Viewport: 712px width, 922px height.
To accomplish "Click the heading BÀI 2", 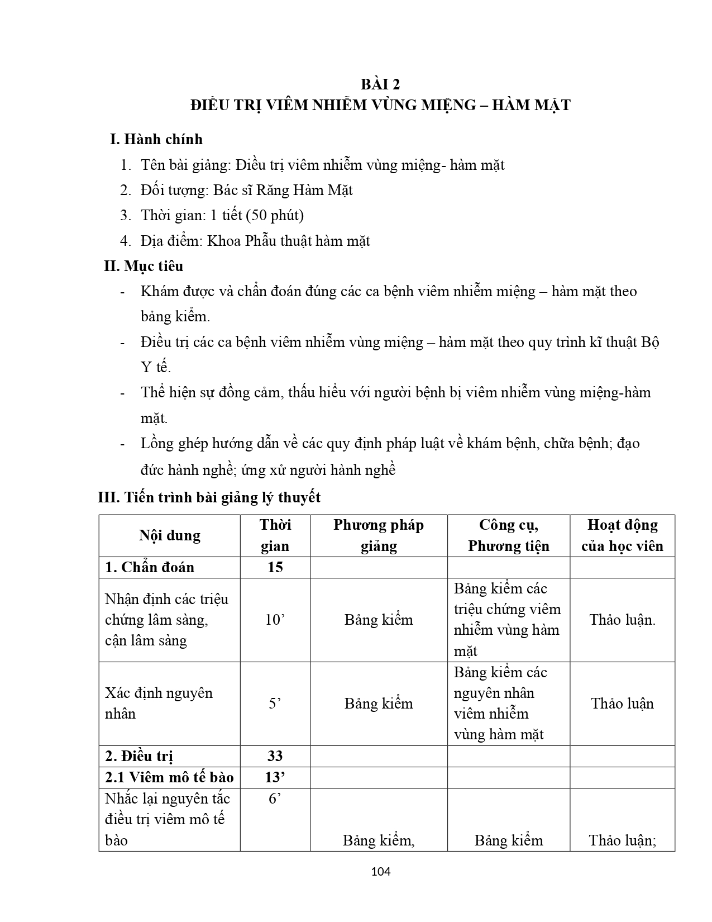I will tap(380, 84).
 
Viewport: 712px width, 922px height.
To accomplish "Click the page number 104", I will tap(380, 871).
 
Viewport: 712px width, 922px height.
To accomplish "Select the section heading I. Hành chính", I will tap(156, 139).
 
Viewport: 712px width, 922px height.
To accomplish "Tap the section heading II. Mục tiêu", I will tap(144, 266).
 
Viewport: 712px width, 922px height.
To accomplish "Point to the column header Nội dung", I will tap(169, 535).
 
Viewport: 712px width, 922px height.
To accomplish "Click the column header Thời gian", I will tap(275, 535).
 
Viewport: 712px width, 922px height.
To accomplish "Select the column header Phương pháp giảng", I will tap(379, 535).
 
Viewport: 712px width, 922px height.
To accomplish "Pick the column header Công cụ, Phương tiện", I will tap(508, 535).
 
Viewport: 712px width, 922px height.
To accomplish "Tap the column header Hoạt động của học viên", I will tap(622, 535).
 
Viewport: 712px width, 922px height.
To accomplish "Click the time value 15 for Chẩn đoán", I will tap(275, 567).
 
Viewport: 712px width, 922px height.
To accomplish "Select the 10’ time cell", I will tap(275, 620).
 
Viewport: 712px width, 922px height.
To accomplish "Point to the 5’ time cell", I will tap(275, 704).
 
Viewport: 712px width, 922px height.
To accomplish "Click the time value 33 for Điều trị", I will tap(275, 756).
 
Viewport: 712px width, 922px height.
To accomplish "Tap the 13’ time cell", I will tap(275, 777).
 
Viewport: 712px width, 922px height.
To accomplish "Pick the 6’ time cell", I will tap(275, 799).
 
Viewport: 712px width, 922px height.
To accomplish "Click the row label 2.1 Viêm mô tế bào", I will tap(169, 777).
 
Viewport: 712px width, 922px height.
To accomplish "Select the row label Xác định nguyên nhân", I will tap(159, 704).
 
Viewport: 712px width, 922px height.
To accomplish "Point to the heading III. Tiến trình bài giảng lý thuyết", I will tap(209, 497).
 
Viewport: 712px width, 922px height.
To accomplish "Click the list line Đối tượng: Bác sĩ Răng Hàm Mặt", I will tap(246, 190).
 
